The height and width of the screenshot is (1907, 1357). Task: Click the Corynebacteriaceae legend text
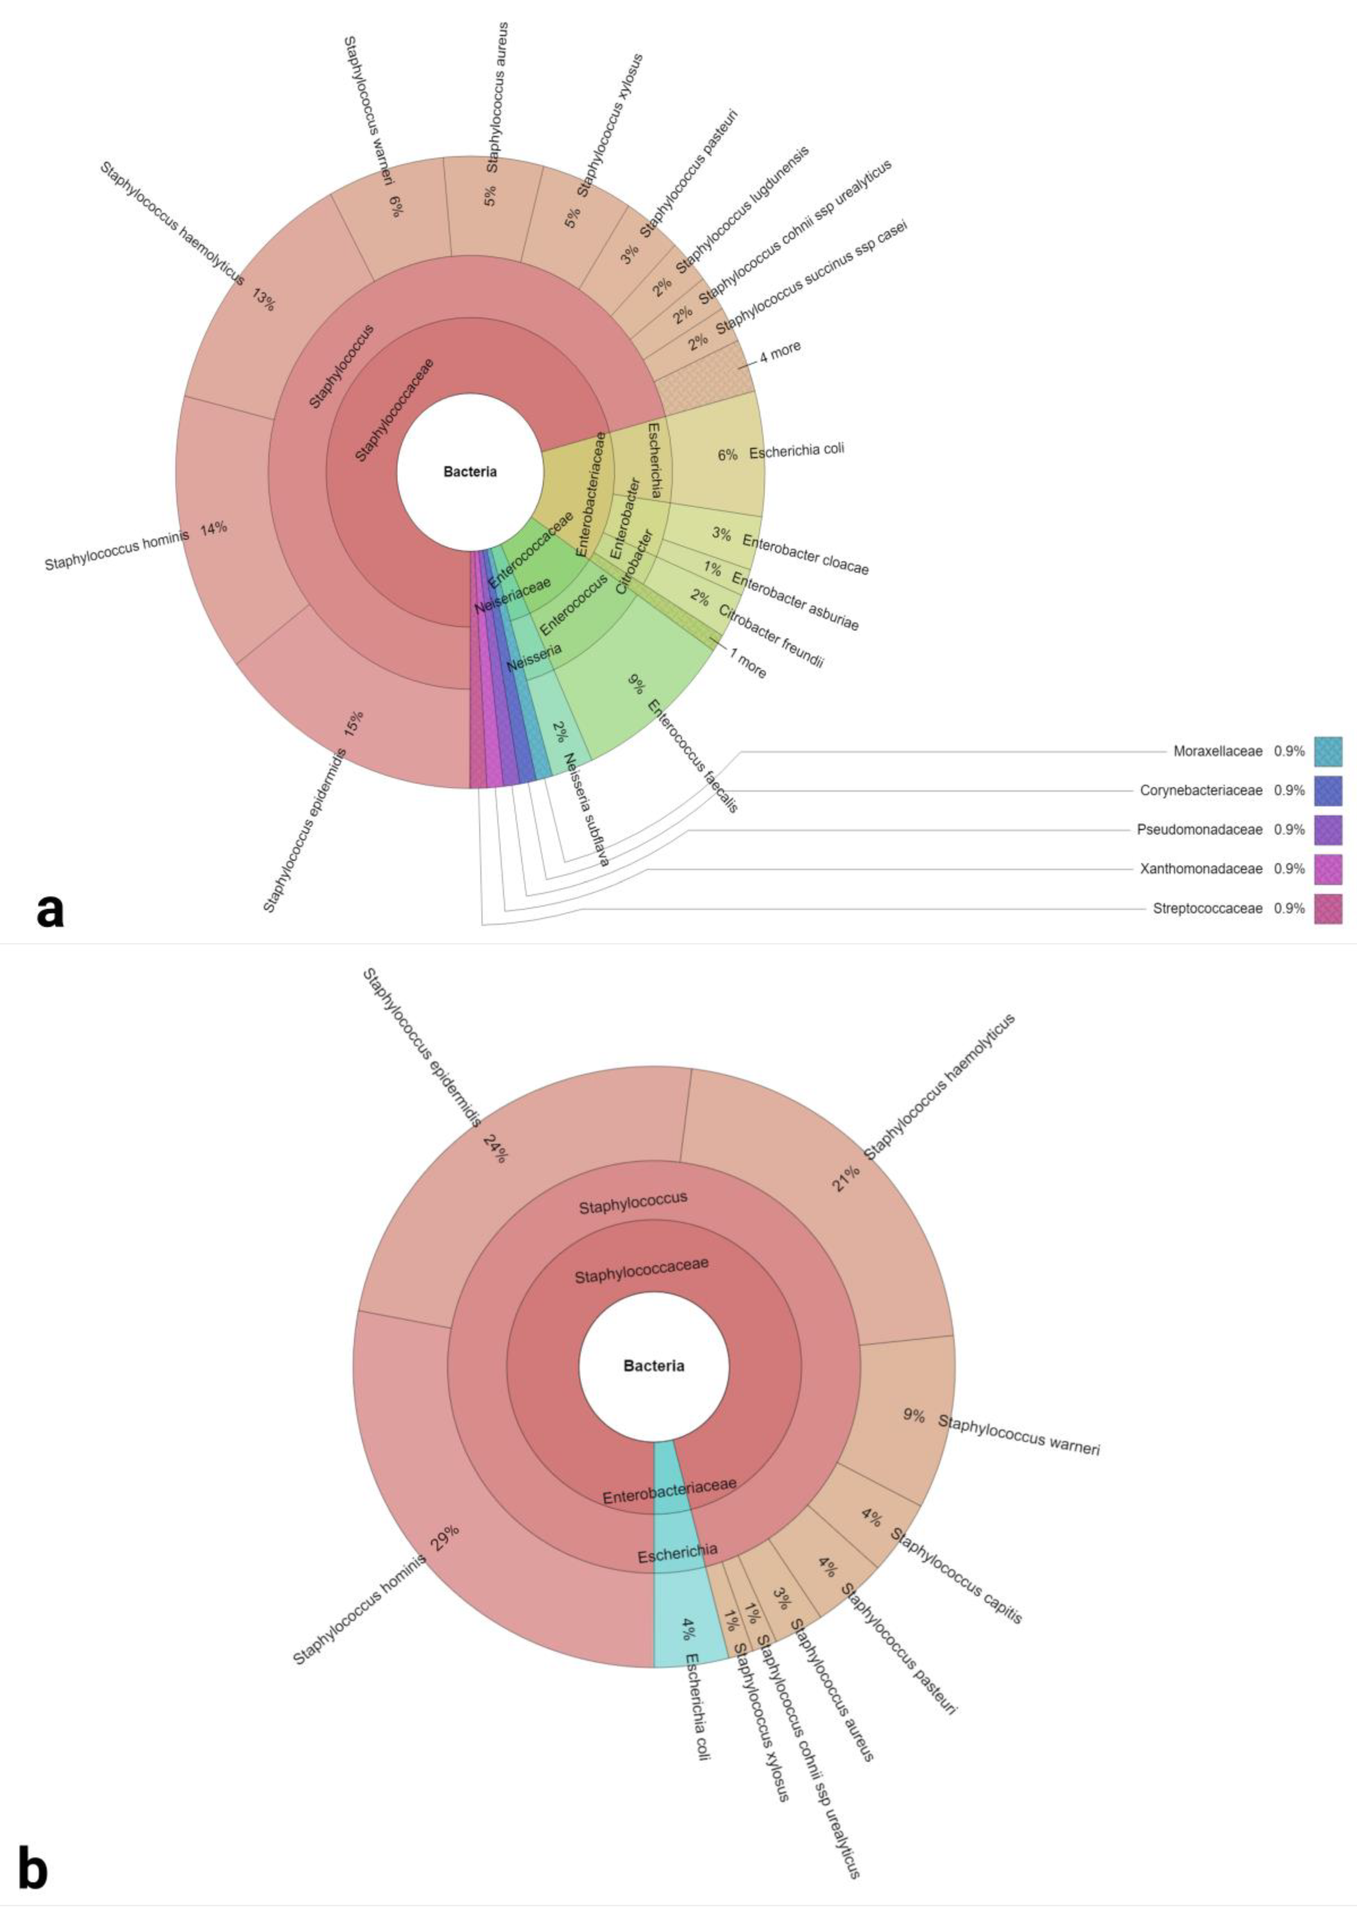click(x=1201, y=791)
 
